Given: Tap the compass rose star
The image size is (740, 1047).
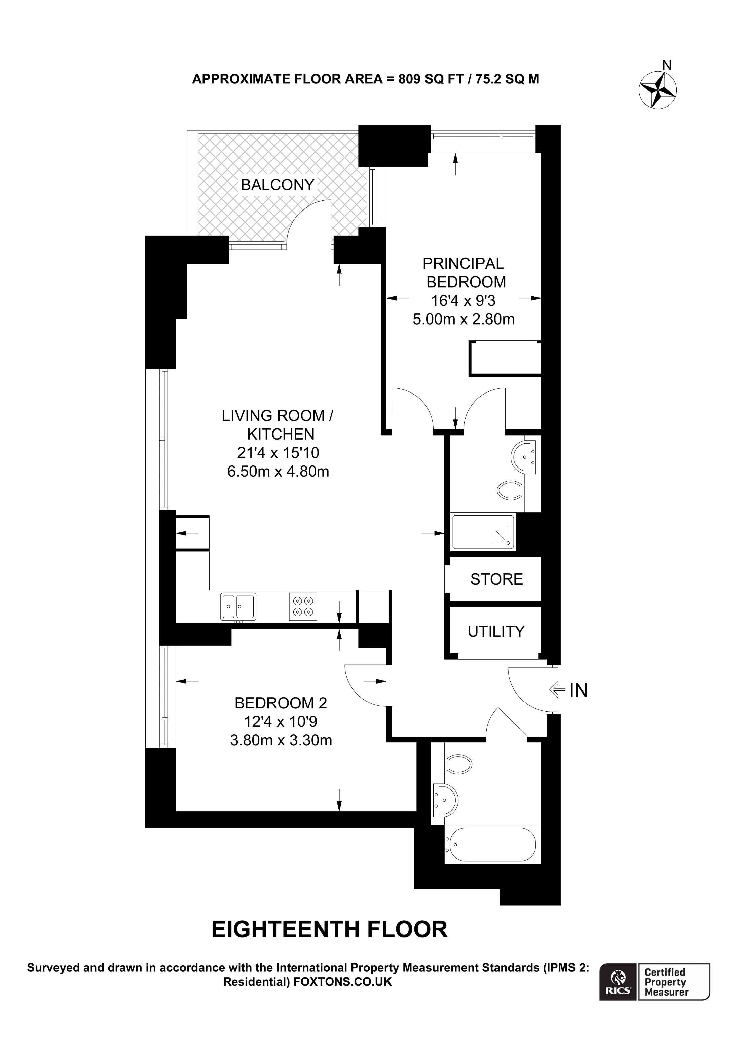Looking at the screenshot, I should click(658, 90).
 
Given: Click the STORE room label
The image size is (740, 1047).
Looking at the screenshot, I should click(496, 579).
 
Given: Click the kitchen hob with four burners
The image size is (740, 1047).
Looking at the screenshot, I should click(303, 606).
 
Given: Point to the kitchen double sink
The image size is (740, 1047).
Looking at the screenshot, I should click(238, 606).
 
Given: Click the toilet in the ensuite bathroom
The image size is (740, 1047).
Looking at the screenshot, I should click(510, 491).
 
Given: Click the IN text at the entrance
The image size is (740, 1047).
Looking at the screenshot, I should click(578, 690).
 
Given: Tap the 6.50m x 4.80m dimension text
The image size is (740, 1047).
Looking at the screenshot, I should click(278, 471).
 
